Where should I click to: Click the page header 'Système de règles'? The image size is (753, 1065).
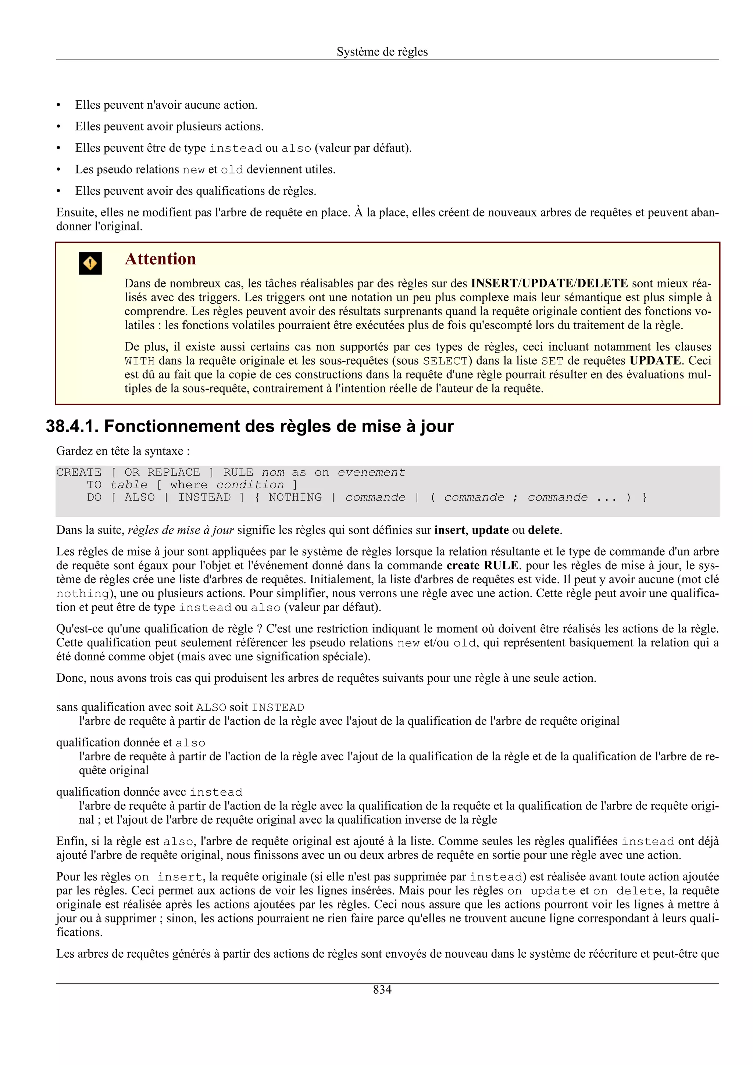382,51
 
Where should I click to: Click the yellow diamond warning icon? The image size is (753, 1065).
90,263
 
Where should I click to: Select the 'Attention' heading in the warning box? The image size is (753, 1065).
160,259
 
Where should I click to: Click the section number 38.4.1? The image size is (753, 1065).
72,426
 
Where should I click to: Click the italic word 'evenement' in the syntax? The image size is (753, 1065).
371,472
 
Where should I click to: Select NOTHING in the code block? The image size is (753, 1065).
295,497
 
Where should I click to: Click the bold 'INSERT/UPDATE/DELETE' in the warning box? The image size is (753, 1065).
549,283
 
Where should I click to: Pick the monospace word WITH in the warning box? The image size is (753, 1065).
139,361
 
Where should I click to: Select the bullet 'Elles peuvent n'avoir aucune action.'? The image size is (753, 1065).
166,105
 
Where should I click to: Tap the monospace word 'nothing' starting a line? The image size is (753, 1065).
82,594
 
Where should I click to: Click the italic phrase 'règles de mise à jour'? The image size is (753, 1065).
181,530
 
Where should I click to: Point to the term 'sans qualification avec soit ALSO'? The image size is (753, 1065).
142,707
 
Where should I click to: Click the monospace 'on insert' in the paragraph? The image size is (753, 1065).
168,877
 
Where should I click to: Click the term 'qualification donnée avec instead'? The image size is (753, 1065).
149,792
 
